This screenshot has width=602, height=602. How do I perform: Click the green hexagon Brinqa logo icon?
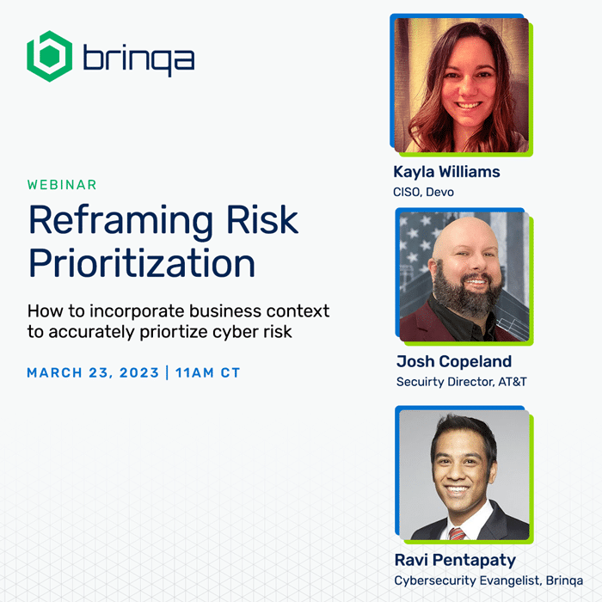click(50, 56)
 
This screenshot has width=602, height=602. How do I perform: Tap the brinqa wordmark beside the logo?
click(138, 58)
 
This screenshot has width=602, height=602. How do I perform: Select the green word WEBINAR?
click(62, 185)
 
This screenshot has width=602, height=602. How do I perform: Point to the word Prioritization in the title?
click(142, 262)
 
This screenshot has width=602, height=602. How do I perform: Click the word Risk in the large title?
click(262, 219)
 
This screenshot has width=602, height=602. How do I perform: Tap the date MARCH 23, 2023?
click(93, 372)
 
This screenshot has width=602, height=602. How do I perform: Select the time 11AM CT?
click(208, 372)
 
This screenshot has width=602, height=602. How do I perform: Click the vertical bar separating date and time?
click(168, 372)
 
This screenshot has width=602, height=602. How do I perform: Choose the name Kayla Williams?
click(446, 172)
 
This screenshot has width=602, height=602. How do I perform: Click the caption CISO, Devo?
click(423, 192)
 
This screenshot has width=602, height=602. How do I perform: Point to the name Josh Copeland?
click(454, 361)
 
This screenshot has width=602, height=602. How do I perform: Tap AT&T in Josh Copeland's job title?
click(513, 382)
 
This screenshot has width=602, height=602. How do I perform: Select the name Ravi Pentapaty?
click(455, 560)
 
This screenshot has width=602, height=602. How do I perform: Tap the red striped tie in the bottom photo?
click(457, 533)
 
